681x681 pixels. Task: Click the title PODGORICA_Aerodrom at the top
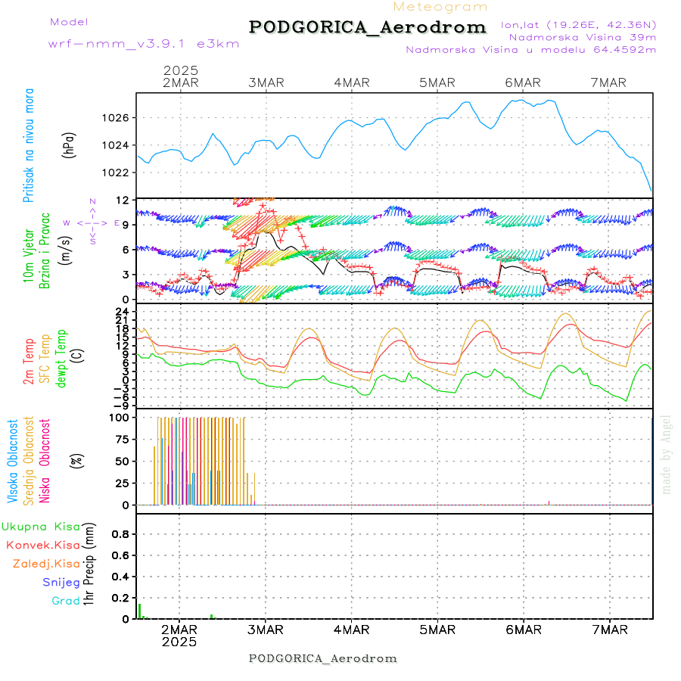[x=367, y=27]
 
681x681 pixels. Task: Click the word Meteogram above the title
[x=441, y=7]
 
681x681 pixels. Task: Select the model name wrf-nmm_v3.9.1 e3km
[x=144, y=44]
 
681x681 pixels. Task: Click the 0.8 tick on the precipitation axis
[x=120, y=534]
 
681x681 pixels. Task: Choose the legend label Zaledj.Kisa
[x=46, y=564]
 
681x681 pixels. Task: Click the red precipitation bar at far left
[x=139, y=611]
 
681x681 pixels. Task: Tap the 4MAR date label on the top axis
[x=351, y=82]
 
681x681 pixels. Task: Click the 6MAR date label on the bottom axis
[x=523, y=630]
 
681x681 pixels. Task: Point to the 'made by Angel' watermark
[x=667, y=454]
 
